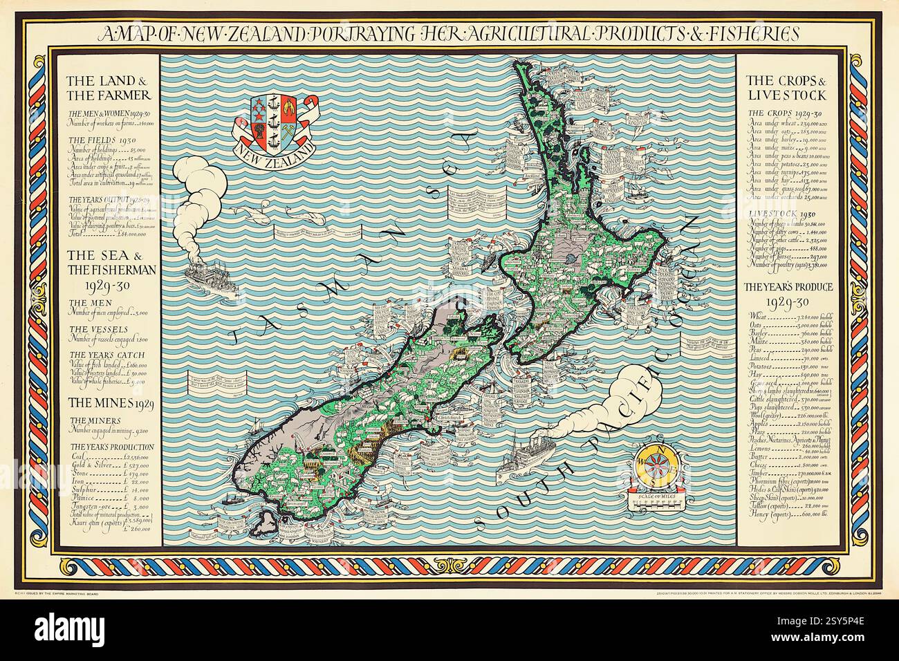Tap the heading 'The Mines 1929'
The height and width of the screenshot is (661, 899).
coord(104,402)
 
